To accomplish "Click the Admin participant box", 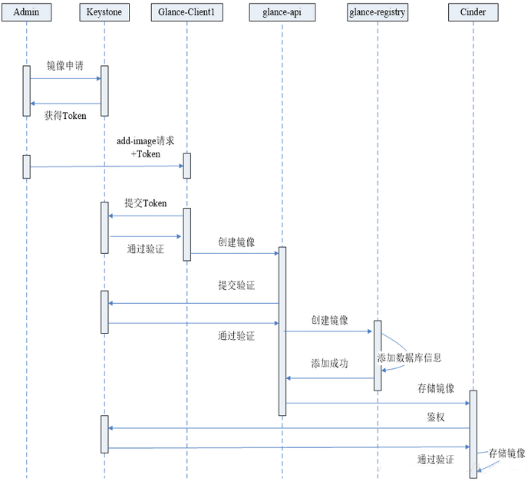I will tap(27, 12).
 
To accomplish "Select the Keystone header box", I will tap(105, 12).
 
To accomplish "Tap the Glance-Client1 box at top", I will tap(186, 12).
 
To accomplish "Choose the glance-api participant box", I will tap(282, 12).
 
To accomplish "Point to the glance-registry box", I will tap(378, 12).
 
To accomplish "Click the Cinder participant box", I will tap(473, 12).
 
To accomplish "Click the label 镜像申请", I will tap(64, 67).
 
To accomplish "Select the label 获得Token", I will tap(65, 115).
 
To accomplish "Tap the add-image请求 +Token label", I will tap(145, 148).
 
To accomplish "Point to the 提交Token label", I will tap(146, 204).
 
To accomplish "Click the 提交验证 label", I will tap(236, 285).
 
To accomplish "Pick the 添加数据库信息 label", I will tap(409, 358).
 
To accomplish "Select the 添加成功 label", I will tap(329, 363).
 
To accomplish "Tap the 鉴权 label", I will tap(437, 418).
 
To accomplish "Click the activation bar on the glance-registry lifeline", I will tap(378, 355).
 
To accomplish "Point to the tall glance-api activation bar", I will tap(282, 331).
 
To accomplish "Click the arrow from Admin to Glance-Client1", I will tap(107, 166).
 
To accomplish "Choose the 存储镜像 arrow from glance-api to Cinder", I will tap(377, 403).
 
